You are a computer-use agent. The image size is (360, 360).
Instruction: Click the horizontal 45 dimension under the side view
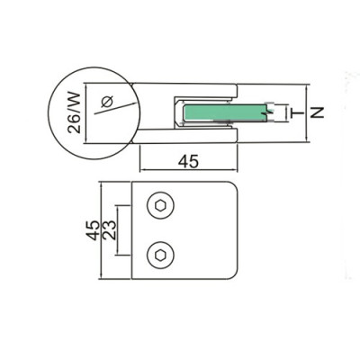(188, 161)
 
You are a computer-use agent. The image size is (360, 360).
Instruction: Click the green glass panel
(225, 112)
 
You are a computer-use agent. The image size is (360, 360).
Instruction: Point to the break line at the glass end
(266, 112)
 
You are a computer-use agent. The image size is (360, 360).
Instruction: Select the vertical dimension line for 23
(118, 230)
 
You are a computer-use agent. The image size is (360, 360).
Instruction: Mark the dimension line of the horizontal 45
(188, 170)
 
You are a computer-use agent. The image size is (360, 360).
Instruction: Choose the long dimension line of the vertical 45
(101, 230)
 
